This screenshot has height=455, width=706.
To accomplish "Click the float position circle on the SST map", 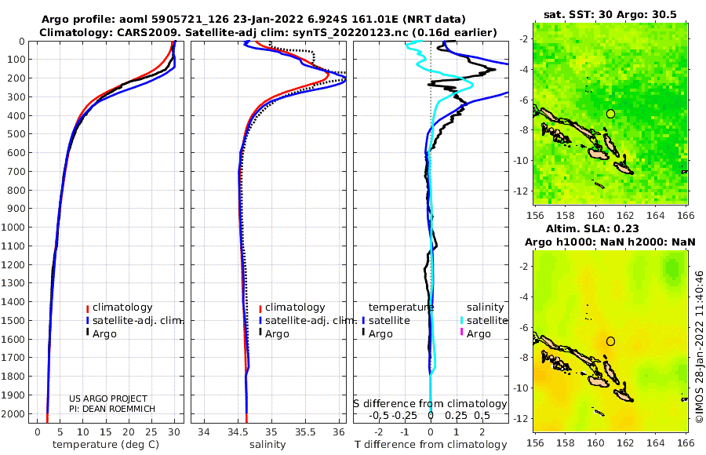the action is tap(610, 110).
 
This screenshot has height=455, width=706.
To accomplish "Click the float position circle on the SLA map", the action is tap(610, 337).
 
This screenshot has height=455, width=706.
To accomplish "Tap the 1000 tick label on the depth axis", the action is tap(13, 227).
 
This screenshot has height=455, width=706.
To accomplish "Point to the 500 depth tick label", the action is tap(16, 134).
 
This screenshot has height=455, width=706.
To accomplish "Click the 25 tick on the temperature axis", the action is tap(151, 432).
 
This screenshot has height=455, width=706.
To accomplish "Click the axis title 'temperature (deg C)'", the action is tap(106, 445).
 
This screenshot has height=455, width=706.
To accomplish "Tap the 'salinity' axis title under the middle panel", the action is tap(267, 445).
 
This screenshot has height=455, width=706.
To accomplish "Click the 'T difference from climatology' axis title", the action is tap(431, 445).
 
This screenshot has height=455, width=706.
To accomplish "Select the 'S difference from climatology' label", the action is tap(430, 404).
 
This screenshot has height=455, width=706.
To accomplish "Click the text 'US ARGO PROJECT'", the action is tap(108, 399).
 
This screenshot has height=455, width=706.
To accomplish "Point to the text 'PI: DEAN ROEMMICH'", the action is tap(112, 409).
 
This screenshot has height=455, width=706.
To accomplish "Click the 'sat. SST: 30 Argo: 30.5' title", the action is tap(610, 15).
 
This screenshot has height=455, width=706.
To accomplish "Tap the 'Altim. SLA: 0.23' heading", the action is tap(592, 229).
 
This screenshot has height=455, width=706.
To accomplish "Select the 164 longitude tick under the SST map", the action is tap(656, 216).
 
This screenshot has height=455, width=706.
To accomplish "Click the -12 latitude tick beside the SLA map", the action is tap(520, 419).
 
